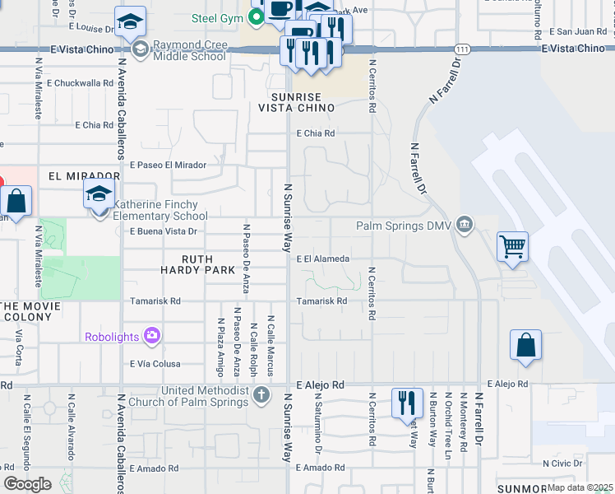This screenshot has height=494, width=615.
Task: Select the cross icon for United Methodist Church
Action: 261,394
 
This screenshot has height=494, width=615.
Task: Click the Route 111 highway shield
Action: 465,49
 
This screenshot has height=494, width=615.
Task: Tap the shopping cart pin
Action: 512,245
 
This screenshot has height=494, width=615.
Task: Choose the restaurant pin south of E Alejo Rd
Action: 407,403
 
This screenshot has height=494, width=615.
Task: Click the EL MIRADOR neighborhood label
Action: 84,176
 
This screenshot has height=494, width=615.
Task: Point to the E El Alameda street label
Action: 323,259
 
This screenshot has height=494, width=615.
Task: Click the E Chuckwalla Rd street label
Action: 80,83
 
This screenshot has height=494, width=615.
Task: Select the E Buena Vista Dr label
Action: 164,232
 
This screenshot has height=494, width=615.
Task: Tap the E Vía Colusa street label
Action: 155,363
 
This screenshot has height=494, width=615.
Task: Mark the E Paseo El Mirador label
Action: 168,165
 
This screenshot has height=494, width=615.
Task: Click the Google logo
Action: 27,483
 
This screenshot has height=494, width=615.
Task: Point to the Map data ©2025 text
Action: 579,487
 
